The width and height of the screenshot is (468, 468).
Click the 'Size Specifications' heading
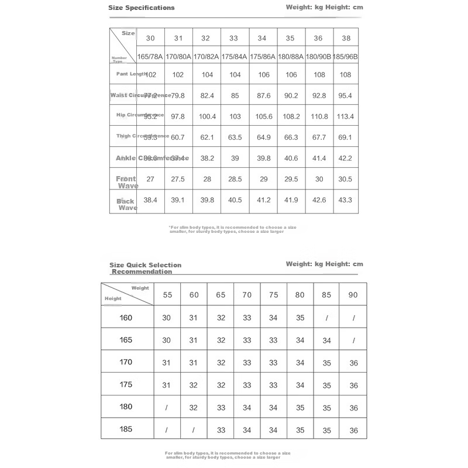(142, 8)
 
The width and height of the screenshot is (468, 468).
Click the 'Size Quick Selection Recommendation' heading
(145, 268)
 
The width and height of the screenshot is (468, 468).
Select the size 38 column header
(345, 38)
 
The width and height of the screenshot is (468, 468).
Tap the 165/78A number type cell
(150, 57)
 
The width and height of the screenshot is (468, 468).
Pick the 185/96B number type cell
(345, 57)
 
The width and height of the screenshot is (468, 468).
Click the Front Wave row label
(126, 182)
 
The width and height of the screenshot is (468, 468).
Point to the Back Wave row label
(126, 204)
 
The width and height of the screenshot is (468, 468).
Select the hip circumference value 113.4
(345, 116)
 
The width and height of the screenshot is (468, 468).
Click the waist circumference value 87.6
(262, 95)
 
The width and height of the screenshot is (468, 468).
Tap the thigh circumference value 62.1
(207, 137)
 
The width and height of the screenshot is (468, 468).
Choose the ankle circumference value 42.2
(345, 158)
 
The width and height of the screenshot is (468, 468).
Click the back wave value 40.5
(235, 200)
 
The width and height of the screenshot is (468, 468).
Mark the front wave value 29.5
(290, 179)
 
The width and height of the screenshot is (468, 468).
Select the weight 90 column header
(353, 295)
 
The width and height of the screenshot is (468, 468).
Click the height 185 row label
(126, 429)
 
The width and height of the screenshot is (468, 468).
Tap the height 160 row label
(126, 318)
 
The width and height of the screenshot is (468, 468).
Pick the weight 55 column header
(167, 295)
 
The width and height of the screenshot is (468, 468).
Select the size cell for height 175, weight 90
(353, 386)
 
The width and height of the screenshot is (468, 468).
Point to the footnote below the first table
(226, 229)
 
